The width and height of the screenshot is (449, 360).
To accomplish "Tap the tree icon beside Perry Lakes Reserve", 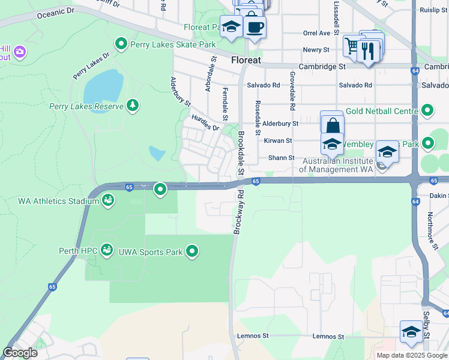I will tap(133, 106).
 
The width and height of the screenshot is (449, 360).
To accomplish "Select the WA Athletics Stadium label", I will tap(58, 200).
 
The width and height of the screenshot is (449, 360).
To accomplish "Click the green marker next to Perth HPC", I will tap(107, 249).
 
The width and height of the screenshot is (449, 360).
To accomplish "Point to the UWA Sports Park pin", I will tap(192, 251).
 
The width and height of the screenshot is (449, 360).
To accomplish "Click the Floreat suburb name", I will tap(246, 60).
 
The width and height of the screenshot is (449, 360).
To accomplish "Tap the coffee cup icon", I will tap(255, 27).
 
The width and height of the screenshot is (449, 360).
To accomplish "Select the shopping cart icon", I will tap(353, 46).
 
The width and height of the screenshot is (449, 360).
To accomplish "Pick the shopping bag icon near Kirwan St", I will tap(332, 125).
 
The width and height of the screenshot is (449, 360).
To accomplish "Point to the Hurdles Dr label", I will tap(205, 122).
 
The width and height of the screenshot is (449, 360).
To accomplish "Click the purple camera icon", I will tap(20, 52).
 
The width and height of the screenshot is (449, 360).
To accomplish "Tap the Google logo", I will tap(20, 353).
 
